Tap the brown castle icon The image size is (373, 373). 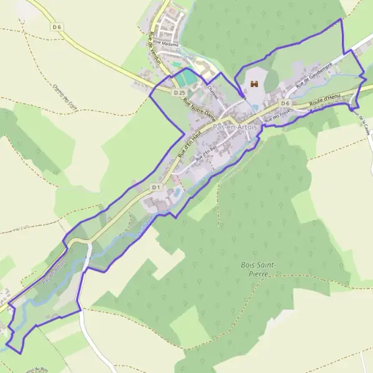tap(253, 83)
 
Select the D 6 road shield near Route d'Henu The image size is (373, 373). tap(285, 103)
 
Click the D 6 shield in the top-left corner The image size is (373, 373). tap(57, 27)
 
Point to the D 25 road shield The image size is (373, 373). tap(180, 93)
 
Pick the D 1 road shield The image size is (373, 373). tap(156, 186)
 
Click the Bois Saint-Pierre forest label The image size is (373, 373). tap(258, 269)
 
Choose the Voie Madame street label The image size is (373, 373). tap(167, 45)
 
